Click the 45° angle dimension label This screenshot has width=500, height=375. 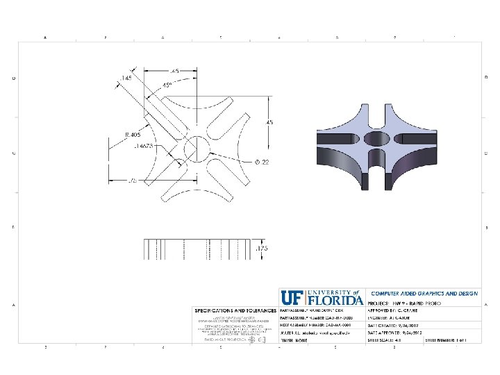coord(167,85)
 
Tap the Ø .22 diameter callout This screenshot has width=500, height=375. coord(261,162)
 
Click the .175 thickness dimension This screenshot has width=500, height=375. coord(261,248)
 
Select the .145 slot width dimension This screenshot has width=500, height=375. coord(126,78)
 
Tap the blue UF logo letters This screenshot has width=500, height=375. coord(291,298)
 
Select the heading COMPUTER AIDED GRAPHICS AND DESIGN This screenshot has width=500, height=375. coord(424,294)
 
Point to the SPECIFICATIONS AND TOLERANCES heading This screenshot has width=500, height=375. coord(235,308)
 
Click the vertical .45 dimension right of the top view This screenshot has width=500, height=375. coord(270,122)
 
